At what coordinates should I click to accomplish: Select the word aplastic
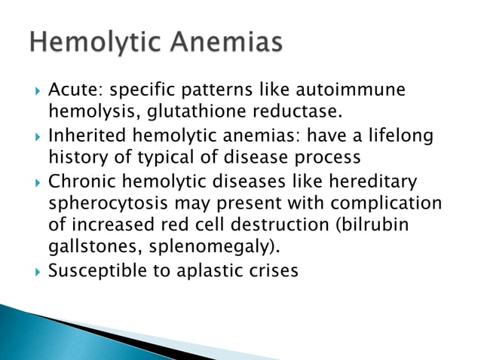(207, 270)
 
